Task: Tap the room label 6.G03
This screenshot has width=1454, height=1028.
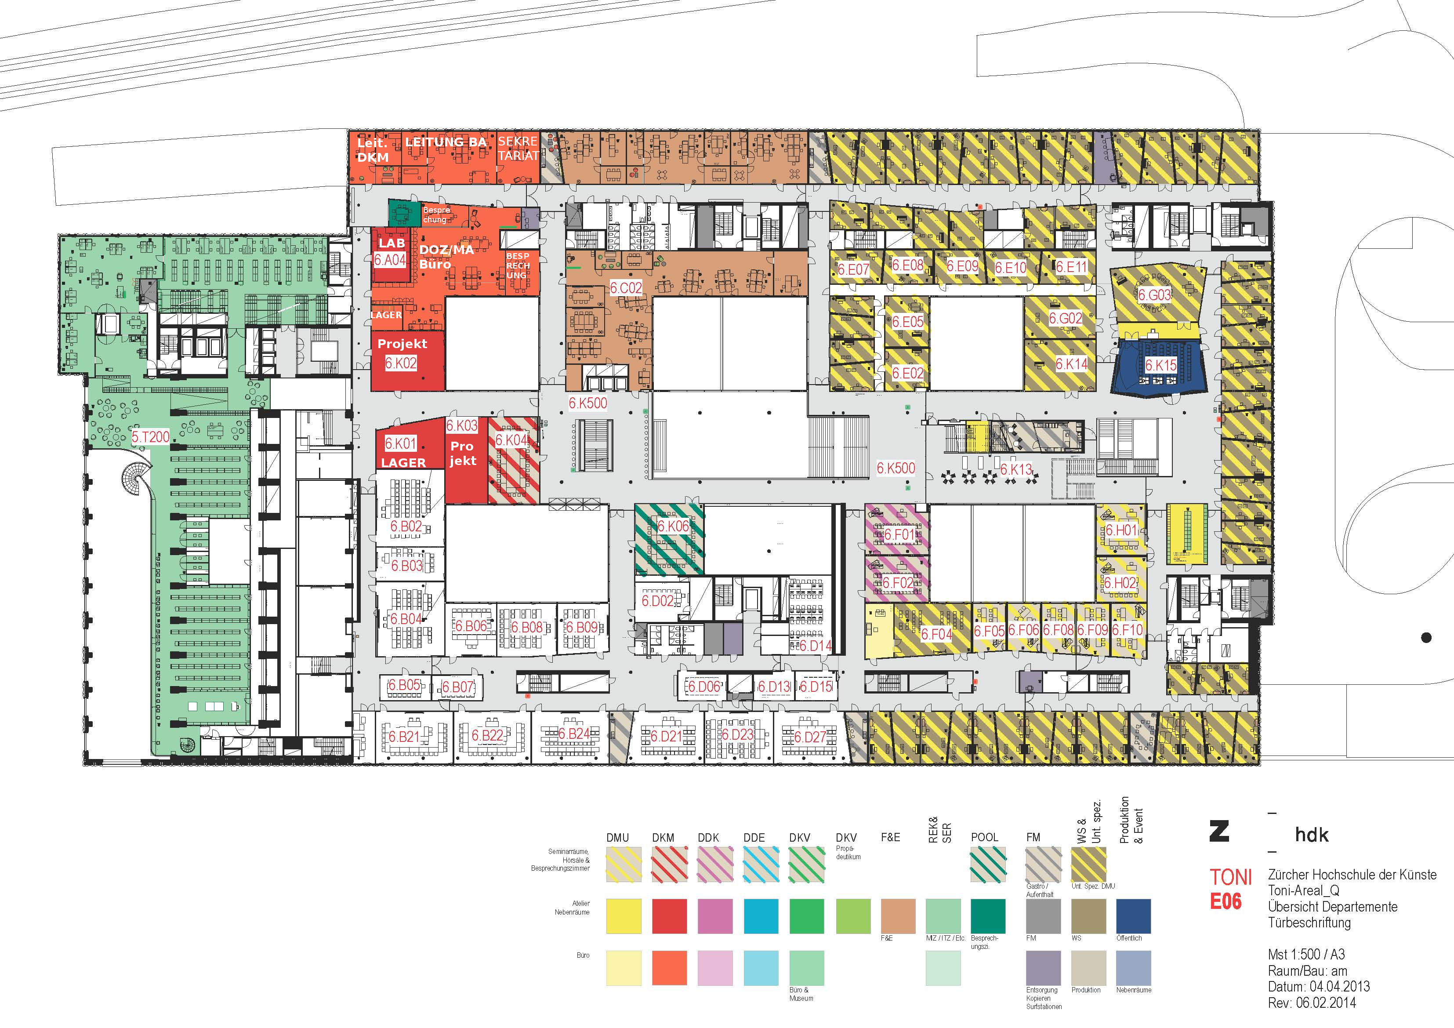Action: [x=1154, y=295]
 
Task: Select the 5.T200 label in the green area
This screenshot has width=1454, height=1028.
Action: [x=151, y=437]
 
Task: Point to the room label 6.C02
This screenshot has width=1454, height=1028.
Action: [x=626, y=288]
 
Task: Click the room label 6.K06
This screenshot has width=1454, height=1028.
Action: [x=673, y=527]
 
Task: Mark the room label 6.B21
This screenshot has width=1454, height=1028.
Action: [x=404, y=737]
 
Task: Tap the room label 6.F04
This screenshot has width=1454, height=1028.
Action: [x=936, y=634]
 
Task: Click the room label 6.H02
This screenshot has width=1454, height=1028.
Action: [x=1120, y=583]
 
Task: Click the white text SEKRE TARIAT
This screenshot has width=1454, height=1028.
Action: [x=518, y=148]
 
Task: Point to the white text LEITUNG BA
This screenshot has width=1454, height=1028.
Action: [x=446, y=142]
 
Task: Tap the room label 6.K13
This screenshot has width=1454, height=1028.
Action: [x=1016, y=470]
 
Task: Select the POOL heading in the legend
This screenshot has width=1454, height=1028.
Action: [x=984, y=837]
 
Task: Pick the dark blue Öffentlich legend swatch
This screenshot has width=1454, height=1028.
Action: [x=1133, y=916]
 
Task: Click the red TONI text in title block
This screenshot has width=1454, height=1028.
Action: [x=1230, y=878]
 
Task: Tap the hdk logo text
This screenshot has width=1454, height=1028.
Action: [x=1312, y=835]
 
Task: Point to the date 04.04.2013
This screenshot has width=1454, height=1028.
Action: [x=1339, y=987]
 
